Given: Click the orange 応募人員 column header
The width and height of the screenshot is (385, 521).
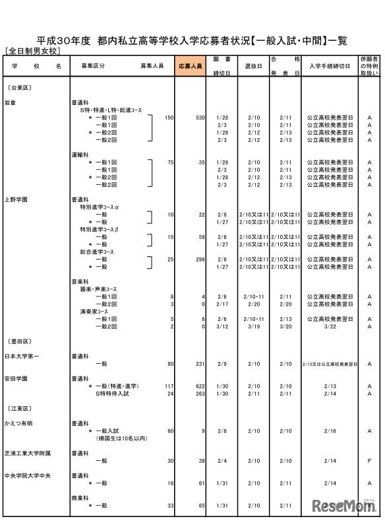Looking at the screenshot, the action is coord(191,67).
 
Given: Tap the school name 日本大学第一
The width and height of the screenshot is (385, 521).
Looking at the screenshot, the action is coord(20,357).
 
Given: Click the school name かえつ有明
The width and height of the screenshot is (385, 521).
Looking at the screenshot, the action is coord(19,422).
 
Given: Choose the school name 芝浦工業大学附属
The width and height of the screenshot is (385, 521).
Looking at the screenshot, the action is coord(27,454).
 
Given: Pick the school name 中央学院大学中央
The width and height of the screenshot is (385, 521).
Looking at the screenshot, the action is coord(27,475).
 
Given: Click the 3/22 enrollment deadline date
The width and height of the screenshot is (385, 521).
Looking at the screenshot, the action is coord(330,326).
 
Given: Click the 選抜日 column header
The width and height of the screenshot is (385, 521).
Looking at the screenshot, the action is coord(254,67).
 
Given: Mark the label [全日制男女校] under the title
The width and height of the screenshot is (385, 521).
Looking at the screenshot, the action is coord(32,50).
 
